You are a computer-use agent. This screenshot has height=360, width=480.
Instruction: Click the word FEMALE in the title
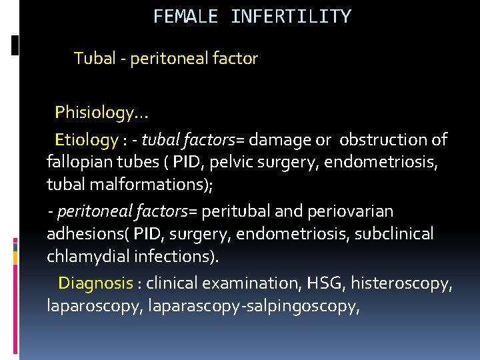[185, 16]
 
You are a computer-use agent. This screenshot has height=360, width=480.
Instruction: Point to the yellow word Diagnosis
[96, 283]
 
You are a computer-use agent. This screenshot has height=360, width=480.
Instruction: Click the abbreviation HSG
[323, 283]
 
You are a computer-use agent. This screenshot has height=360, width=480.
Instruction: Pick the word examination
[254, 283]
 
